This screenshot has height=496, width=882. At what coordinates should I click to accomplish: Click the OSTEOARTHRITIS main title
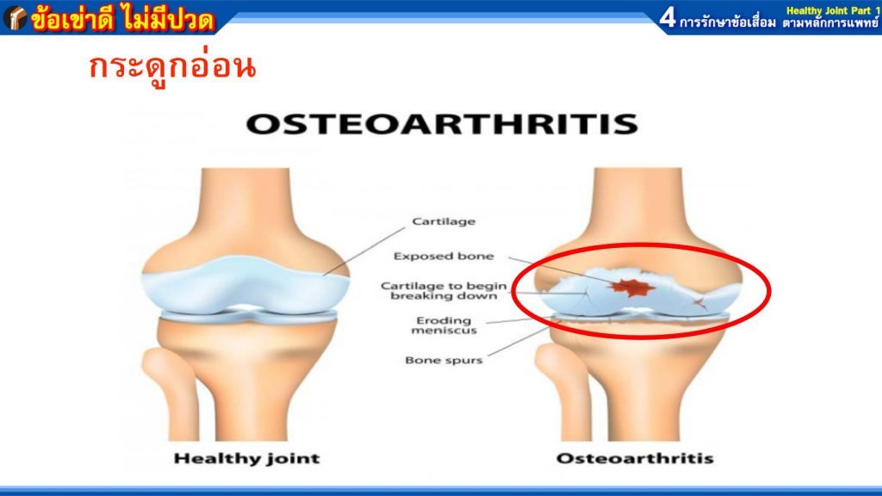pyautogui.click(x=442, y=124)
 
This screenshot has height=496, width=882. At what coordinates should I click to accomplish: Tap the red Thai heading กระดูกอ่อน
pyautogui.click(x=172, y=68)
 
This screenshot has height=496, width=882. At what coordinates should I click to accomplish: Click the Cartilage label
pyautogui.click(x=444, y=221)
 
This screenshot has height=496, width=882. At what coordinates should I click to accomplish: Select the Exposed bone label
pyautogui.click(x=444, y=257)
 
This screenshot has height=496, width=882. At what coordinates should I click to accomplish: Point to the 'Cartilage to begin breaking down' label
pyautogui.click(x=444, y=291)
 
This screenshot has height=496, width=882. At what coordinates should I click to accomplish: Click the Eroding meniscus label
pyautogui.click(x=444, y=325)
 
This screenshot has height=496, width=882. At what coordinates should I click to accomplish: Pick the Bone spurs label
pyautogui.click(x=444, y=361)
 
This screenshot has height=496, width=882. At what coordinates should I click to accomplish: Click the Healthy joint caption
pyautogui.click(x=247, y=459)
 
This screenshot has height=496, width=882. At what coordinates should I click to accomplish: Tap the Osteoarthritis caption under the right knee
pyautogui.click(x=635, y=459)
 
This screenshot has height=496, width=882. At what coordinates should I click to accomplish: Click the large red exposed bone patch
pyautogui.click(x=631, y=288)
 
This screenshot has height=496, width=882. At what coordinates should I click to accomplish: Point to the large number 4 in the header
pyautogui.click(x=668, y=17)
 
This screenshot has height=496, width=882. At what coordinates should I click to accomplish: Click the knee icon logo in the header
pyautogui.click(x=16, y=18)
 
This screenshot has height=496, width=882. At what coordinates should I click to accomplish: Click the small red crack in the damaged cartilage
pyautogui.click(x=699, y=304)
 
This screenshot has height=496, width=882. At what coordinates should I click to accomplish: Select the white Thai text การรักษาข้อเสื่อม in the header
pyautogui.click(x=728, y=22)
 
